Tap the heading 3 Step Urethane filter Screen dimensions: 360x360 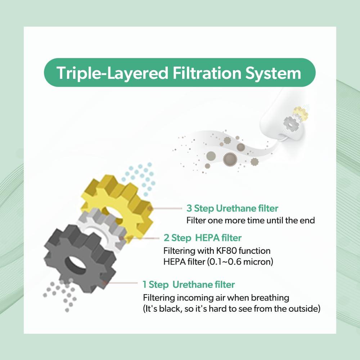pos(232,208)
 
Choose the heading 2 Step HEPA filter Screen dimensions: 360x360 pos(202,238)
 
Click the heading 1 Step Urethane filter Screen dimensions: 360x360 pos(189,285)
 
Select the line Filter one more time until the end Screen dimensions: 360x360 pos(250,220)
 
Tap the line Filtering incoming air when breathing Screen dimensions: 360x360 pos(216,298)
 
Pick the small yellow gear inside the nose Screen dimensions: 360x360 pos(301,113)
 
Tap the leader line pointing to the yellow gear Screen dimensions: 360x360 pos(167,208)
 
